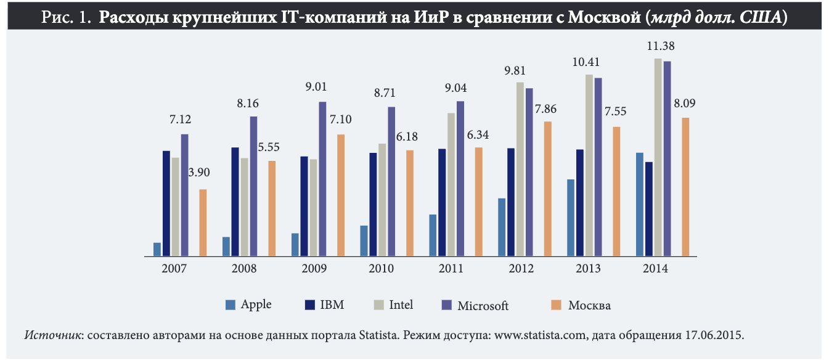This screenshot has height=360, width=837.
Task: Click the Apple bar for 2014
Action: tap(640, 204)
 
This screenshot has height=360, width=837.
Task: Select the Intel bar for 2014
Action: tap(658, 157)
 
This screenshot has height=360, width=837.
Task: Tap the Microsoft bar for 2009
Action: tap(322, 179)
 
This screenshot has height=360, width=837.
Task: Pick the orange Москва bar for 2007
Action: tap(203, 223)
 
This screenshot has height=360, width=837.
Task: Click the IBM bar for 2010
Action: tap(373, 204)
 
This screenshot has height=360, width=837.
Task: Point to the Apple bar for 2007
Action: tap(157, 249)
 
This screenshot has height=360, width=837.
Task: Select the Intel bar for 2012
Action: tap(520, 169)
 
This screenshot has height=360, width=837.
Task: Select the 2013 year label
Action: tap(589, 269)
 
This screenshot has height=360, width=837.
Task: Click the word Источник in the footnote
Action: tap(54, 336)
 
